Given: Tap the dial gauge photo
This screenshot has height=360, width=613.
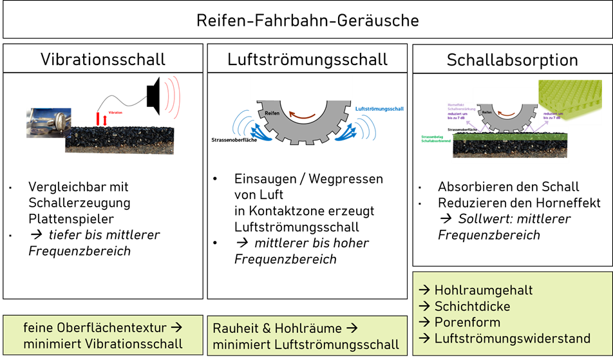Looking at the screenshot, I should tap(45, 122).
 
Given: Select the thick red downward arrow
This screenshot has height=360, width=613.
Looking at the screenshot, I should tap(98, 118).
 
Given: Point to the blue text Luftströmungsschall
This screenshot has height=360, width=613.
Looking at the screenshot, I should tap(380, 109).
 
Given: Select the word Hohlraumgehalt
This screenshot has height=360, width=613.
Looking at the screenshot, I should tap(484, 290).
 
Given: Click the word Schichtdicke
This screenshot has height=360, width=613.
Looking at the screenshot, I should tap(472, 306).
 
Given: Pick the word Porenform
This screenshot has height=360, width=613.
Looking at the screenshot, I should tap(467, 322).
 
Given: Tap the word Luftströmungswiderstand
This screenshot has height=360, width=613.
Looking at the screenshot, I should tap(512, 338).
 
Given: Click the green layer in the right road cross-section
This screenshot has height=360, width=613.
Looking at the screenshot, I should tap(509, 136).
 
